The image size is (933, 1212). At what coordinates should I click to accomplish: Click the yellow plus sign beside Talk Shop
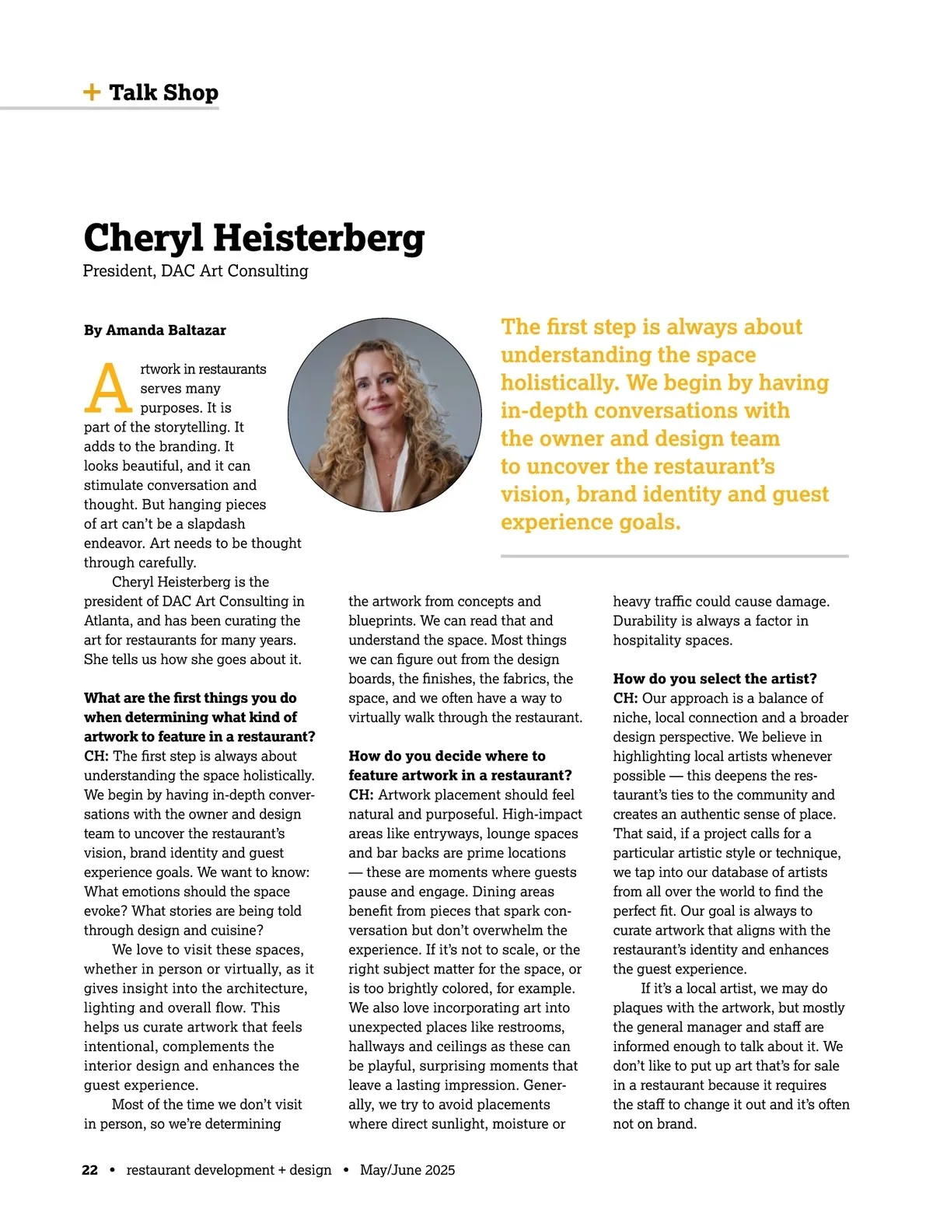pos(92,93)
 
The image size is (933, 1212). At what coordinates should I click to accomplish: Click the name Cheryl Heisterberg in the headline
pos(253,238)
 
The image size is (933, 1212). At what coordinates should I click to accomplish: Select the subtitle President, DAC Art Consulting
pos(195,271)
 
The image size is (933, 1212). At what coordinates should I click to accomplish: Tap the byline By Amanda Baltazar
pos(155,330)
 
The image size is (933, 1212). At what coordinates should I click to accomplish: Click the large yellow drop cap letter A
pos(108,388)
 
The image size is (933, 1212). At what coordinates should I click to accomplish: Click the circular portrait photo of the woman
pos(384,414)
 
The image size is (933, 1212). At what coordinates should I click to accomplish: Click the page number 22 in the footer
pos(89,1170)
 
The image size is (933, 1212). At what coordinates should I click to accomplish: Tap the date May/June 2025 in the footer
pos(407,1170)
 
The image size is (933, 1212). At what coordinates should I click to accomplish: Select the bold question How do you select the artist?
pos(715,679)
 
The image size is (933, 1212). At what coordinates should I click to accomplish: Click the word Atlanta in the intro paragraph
pos(106,620)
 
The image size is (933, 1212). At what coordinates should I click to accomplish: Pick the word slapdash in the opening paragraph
pos(216,524)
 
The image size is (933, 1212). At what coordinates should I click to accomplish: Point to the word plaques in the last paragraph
pos(638,1008)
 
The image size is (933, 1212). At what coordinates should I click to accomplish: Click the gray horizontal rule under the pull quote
pos(674,557)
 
